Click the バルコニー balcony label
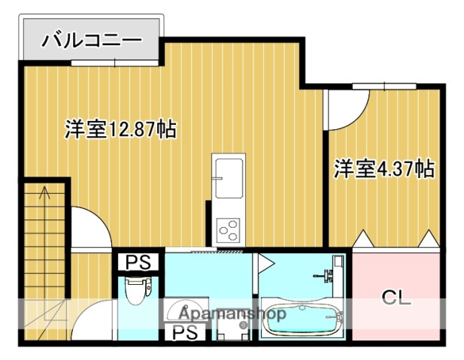(92, 38)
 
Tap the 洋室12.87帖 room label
(120, 129)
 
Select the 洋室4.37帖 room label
(384, 168)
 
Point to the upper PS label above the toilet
(137, 262)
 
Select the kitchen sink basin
(228, 177)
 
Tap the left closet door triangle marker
(364, 239)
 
